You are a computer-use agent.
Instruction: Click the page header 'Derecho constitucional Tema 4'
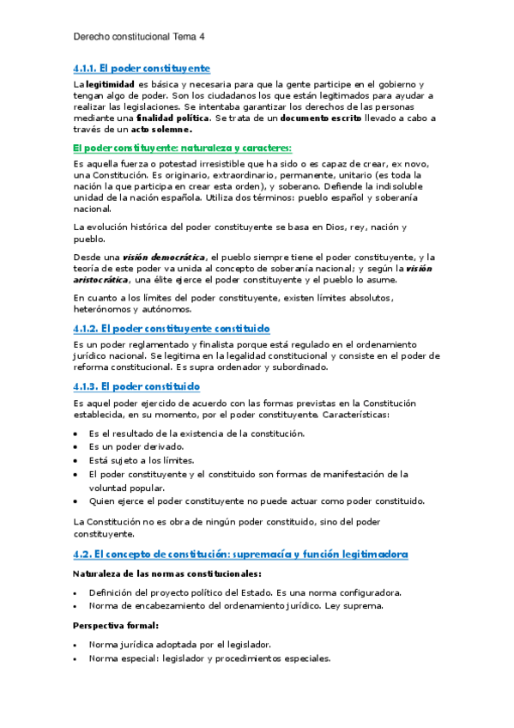point(139,38)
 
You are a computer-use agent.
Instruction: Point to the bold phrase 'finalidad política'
point(175,118)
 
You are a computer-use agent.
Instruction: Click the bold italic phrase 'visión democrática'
point(163,257)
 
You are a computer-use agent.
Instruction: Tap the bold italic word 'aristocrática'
point(100,279)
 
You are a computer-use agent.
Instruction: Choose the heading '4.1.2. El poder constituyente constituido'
point(172,328)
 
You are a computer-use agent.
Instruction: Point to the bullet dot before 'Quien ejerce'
point(76,501)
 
